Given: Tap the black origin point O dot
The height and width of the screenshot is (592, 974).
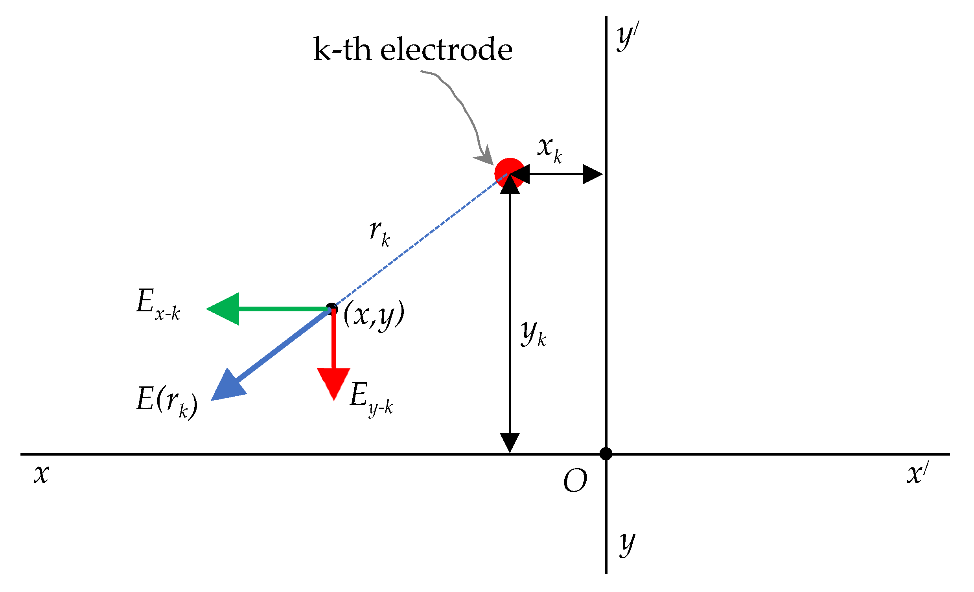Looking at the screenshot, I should pos(606,453).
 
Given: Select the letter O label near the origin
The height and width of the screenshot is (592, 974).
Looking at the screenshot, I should pos(575,481).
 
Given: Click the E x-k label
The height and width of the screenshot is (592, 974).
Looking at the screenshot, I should pos(158,305).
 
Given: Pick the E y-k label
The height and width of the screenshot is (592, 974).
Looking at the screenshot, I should pos(371,398).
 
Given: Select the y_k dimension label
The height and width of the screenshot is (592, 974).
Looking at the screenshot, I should pos(533,334).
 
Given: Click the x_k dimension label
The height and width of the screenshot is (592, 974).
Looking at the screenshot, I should pos(549,150).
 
